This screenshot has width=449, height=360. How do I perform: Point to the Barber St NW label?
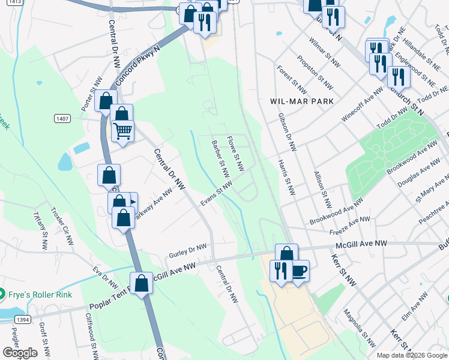(221, 159)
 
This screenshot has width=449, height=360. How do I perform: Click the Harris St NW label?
(287, 177)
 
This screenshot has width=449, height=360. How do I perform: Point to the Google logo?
(20, 353)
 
